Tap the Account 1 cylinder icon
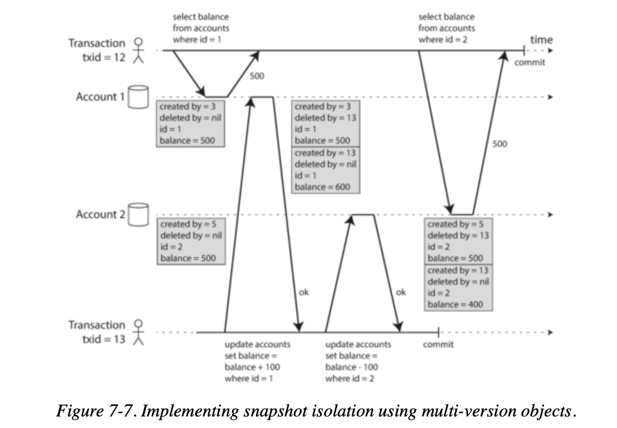[x=139, y=97]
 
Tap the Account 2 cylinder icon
[x=139, y=215]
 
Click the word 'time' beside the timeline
[x=541, y=40]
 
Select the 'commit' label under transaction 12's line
[x=529, y=63]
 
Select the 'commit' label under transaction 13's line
[x=438, y=345]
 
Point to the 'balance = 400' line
[x=454, y=304]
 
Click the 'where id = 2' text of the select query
[x=442, y=40]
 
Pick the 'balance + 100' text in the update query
[x=249, y=367]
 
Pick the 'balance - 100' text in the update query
[x=351, y=367]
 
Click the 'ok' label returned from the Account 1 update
[x=303, y=293]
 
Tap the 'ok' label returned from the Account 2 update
[x=400, y=293]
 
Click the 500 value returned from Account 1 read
[x=257, y=77]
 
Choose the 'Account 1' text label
[x=97, y=97]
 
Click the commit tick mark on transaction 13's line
[x=438, y=332]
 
